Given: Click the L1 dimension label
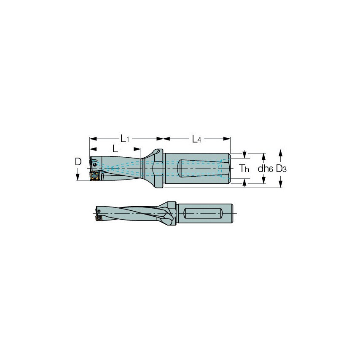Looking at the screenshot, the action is [125, 139].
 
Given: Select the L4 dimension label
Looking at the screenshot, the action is [196, 139].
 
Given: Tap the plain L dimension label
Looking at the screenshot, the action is [115, 149].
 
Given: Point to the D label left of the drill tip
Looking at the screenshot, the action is [78, 162].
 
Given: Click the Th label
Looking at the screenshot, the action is [244, 169].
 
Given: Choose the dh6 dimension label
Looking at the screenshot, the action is [265, 169].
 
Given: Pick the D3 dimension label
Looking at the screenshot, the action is [281, 169].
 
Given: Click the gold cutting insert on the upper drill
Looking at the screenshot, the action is [94, 176].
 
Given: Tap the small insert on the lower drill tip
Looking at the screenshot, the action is [99, 218].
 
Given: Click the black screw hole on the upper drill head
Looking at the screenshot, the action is [94, 164].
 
